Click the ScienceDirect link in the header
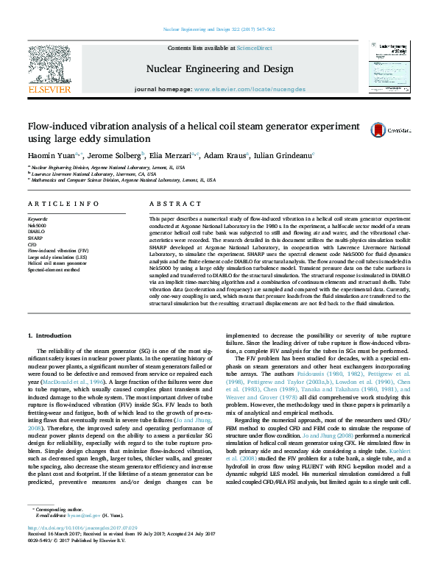[254, 48]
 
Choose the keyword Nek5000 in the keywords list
[38, 224]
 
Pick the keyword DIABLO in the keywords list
[37, 230]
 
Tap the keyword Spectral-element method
[54, 270]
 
